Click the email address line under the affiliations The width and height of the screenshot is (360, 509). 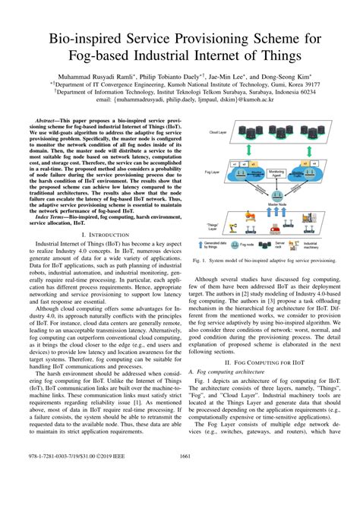179,99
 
